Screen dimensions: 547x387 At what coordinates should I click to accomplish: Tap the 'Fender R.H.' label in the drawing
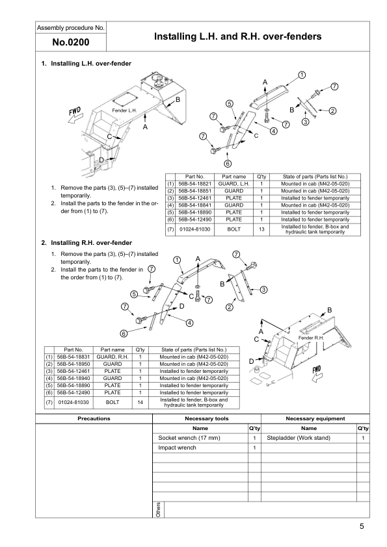310,338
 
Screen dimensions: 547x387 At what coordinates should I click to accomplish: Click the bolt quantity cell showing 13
260,229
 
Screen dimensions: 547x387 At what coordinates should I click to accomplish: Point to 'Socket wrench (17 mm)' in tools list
185,439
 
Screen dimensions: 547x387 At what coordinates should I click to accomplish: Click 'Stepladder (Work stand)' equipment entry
299,439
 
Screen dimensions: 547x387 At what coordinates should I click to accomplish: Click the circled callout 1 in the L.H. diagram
302,75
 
